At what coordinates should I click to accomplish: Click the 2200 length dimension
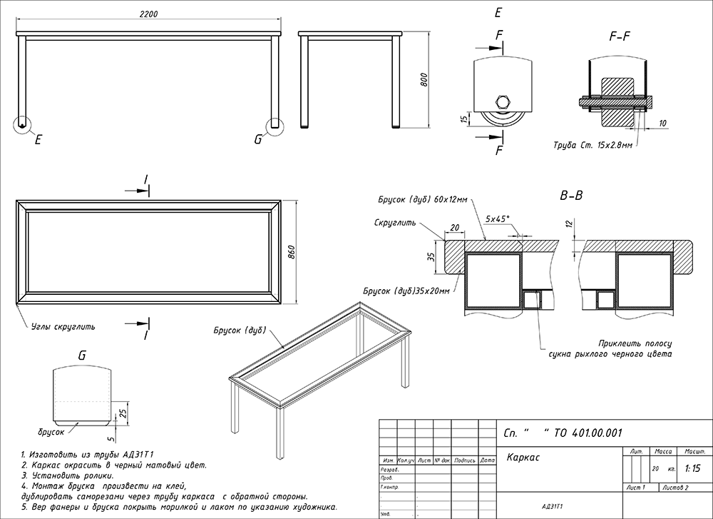[148, 15]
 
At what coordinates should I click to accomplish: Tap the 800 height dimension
[424, 79]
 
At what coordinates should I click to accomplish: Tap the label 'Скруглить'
[394, 223]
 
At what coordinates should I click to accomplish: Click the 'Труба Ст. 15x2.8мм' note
[593, 145]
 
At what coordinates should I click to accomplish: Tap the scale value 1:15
[691, 469]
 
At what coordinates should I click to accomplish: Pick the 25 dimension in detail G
[122, 413]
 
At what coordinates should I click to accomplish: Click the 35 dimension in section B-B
[431, 258]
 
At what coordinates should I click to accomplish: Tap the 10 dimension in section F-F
[662, 123]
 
